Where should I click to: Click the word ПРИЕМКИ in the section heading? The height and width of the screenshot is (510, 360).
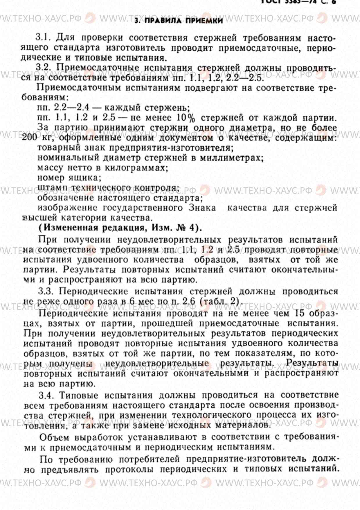(204, 20)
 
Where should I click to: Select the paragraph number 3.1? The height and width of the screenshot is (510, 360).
(44, 37)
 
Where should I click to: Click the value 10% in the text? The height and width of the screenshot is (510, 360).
(186, 118)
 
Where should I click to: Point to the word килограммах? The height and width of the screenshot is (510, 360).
(136, 168)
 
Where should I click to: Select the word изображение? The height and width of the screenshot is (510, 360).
(67, 208)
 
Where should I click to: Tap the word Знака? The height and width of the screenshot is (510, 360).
(202, 208)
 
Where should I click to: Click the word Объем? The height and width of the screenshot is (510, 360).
(54, 437)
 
